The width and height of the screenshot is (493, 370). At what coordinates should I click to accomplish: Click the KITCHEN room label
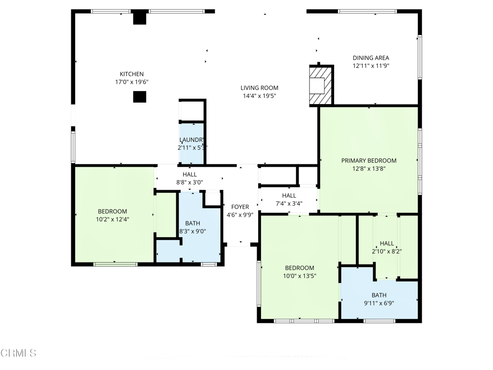(132, 74)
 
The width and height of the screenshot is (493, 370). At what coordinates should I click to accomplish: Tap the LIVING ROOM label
(259, 88)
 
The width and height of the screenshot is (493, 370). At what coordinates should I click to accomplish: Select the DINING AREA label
(371, 58)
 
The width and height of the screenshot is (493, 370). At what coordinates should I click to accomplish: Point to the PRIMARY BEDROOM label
(369, 161)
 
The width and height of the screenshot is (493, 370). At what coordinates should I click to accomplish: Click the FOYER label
(240, 207)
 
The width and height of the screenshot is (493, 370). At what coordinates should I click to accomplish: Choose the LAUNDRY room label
(192, 140)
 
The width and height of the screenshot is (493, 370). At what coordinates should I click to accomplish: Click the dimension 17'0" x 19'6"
(132, 82)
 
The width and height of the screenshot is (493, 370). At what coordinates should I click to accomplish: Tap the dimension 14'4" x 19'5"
(259, 96)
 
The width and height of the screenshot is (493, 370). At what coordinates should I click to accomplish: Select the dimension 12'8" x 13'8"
(369, 169)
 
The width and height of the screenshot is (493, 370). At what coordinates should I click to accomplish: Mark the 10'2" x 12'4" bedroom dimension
(113, 219)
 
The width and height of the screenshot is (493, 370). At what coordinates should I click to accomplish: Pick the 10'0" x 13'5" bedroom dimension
(299, 276)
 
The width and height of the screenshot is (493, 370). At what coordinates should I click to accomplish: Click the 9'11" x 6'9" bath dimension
(379, 304)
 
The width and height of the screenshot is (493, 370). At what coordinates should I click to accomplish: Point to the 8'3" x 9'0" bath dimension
(193, 231)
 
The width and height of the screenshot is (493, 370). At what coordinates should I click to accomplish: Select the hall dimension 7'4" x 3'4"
(289, 204)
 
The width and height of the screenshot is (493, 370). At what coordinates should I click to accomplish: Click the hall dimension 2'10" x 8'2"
(387, 251)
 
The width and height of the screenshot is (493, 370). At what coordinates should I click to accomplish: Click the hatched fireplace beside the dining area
(321, 85)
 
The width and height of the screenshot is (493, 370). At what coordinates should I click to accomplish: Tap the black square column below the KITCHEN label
(140, 97)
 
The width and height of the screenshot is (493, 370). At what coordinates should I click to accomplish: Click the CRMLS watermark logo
(18, 353)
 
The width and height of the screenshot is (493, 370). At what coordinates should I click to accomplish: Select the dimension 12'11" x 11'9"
(371, 66)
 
